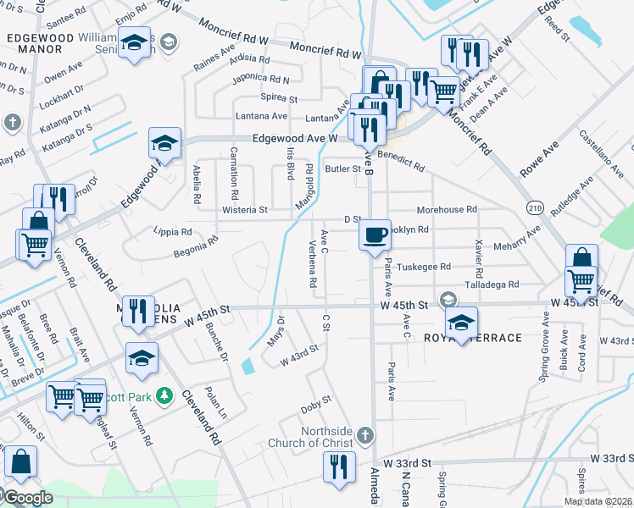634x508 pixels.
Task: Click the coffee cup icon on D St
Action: [375, 234]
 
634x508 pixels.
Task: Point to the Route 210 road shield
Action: [533, 207]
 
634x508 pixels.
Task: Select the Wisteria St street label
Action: [244, 209]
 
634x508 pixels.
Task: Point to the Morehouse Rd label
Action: [447, 209]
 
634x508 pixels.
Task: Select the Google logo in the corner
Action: [27, 497]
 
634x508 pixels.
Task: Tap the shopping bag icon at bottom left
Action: [20, 462]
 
